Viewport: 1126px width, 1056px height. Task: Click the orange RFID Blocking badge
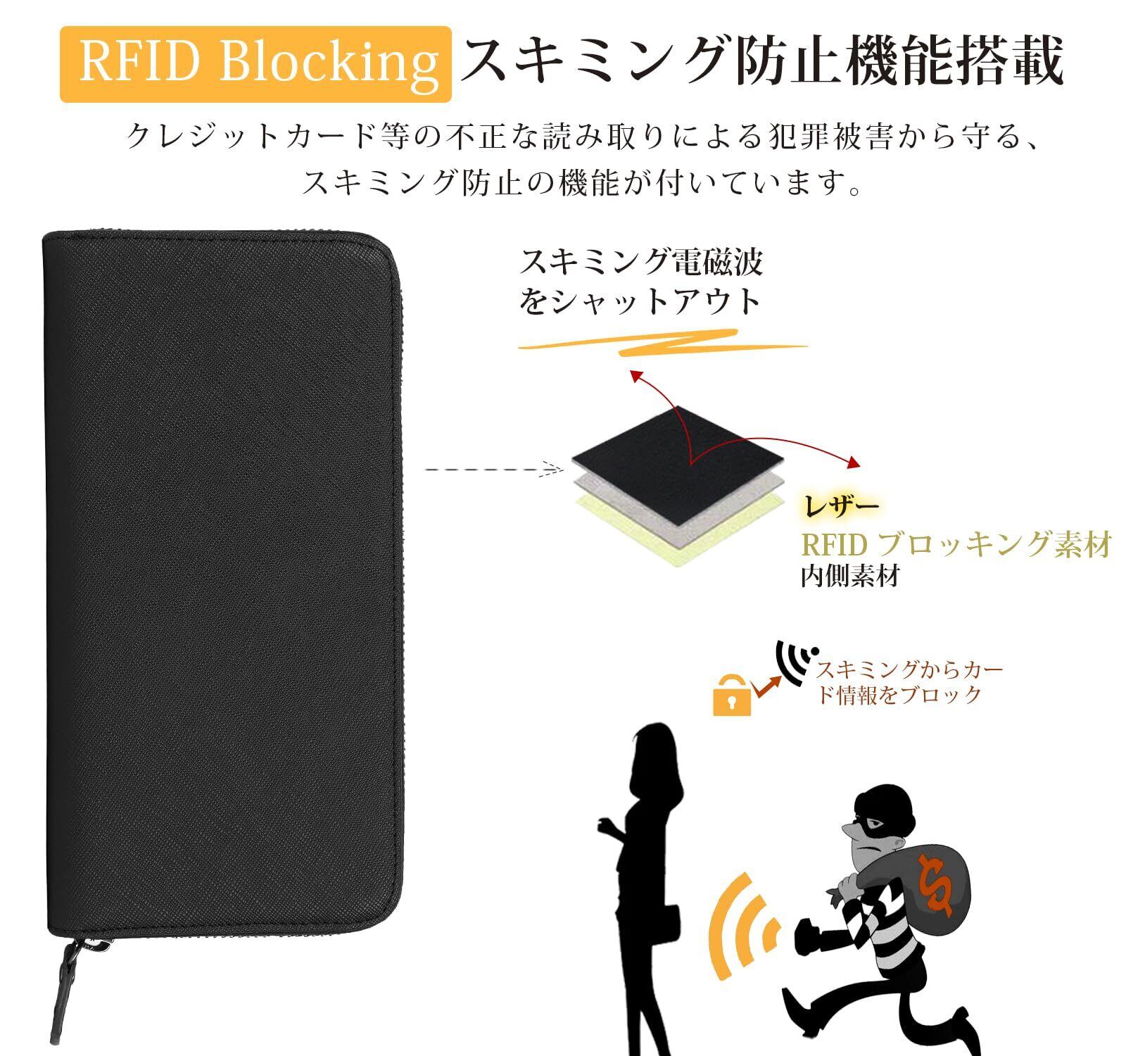(255, 63)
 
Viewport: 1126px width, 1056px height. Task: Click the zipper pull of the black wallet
(71, 972)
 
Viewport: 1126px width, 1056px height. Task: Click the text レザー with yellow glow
(841, 505)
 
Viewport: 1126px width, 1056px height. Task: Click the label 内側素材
(850, 577)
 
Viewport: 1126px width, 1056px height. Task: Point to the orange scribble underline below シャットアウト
(662, 345)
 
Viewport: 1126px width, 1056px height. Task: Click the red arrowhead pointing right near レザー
(854, 463)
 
